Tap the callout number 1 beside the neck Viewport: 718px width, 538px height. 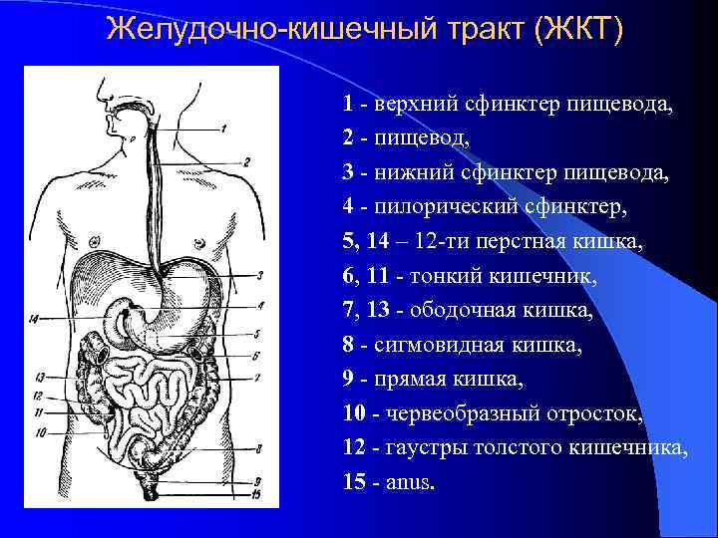point(224,129)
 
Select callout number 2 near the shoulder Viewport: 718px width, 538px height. point(245,160)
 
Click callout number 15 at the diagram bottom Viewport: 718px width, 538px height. point(256,494)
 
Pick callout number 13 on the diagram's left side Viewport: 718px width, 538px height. point(39,378)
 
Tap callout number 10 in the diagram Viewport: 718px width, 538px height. point(41,432)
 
